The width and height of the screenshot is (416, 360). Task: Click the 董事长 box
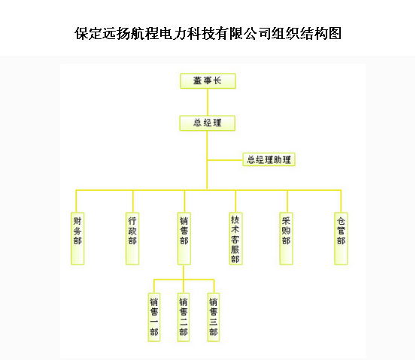click(208, 81)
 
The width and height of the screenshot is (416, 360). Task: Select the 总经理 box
click(207, 123)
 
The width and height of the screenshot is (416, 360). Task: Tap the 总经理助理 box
click(269, 159)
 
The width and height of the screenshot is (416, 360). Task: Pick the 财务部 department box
click(77, 238)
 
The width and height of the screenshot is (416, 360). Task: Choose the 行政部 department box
click(132, 238)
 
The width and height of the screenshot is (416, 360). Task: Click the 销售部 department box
click(184, 238)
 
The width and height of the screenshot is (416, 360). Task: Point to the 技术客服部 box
click(235, 238)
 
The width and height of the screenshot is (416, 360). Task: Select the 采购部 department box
click(287, 238)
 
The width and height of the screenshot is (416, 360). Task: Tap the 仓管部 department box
click(341, 238)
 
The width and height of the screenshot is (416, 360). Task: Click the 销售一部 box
click(154, 317)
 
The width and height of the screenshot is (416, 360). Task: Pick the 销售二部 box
click(184, 317)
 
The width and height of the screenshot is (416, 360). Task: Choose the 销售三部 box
click(214, 317)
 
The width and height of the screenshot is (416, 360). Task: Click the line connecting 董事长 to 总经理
click(208, 102)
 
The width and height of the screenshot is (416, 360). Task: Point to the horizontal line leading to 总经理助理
click(225, 160)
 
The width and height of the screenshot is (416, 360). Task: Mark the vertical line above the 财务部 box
click(77, 201)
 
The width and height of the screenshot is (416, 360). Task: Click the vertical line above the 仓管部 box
click(341, 201)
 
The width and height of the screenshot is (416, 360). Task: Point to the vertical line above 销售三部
click(214, 286)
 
